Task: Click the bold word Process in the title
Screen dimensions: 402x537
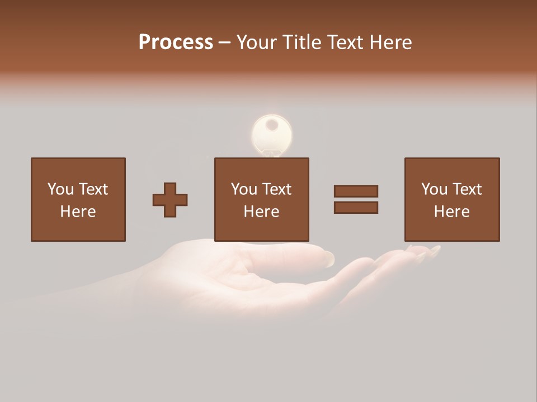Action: pyautogui.click(x=176, y=42)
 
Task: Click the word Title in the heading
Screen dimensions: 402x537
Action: pyautogui.click(x=303, y=42)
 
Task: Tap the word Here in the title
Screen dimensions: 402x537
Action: pyautogui.click(x=390, y=42)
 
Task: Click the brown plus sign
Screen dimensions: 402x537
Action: pyautogui.click(x=170, y=200)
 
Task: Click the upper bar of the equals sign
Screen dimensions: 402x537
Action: pyautogui.click(x=356, y=191)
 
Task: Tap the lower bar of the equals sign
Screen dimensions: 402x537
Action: pyautogui.click(x=356, y=208)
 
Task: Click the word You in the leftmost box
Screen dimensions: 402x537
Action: pyautogui.click(x=60, y=189)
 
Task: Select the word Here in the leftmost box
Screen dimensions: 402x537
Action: pyautogui.click(x=78, y=212)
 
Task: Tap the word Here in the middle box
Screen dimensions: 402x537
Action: pyautogui.click(x=261, y=212)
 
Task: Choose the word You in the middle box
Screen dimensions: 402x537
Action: pyautogui.click(x=244, y=189)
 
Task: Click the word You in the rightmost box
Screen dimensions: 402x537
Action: pyautogui.click(x=434, y=189)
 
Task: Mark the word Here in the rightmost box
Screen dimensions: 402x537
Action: pyautogui.click(x=451, y=212)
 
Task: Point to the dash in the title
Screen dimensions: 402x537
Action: pyautogui.click(x=224, y=42)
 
